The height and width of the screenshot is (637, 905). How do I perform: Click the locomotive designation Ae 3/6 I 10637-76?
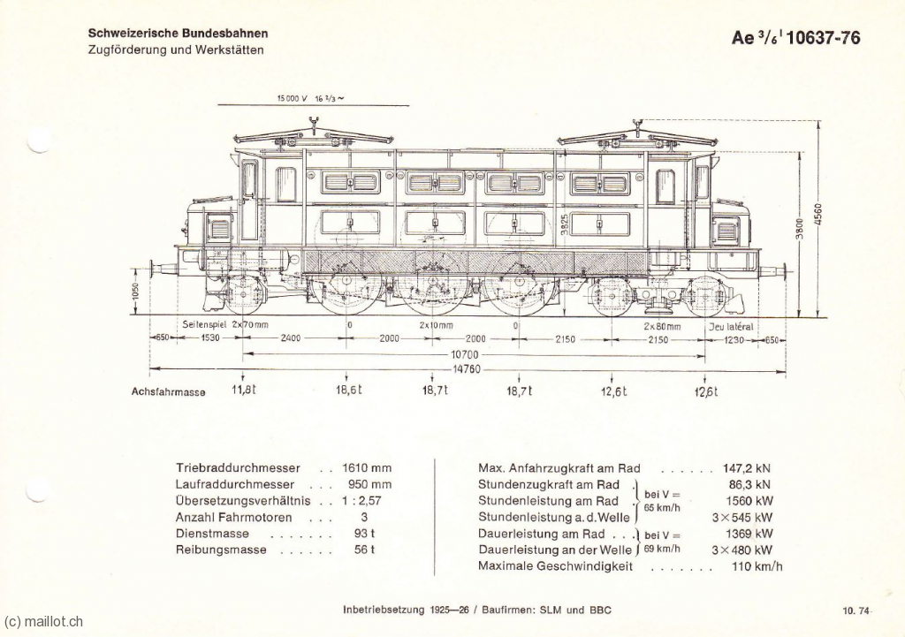(795, 37)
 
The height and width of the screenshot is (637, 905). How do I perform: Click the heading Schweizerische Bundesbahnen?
(178, 34)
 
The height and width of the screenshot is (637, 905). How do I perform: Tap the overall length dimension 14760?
(467, 370)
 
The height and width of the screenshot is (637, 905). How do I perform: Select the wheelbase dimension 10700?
(466, 354)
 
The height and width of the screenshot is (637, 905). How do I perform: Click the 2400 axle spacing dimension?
(290, 338)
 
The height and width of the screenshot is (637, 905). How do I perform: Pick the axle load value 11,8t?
(243, 390)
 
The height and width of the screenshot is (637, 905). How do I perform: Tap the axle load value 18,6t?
(348, 390)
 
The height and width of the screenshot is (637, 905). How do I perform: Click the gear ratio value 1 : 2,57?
(361, 501)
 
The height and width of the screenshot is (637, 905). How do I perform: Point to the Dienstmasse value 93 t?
(364, 533)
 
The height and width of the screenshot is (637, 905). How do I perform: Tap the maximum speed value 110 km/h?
(757, 566)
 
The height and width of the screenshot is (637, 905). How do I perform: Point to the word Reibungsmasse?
(221, 550)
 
